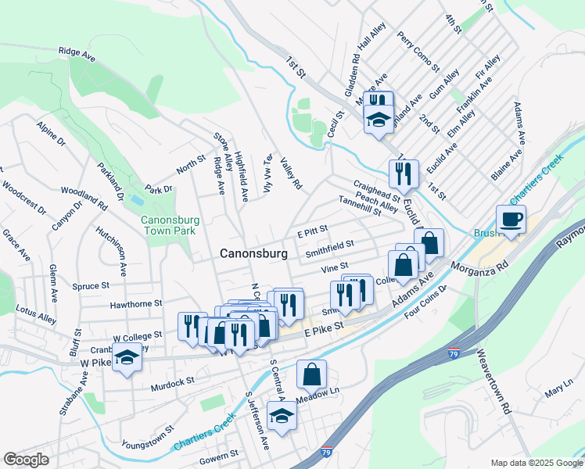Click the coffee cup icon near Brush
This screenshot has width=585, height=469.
(511, 220)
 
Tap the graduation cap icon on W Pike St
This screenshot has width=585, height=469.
(126, 357)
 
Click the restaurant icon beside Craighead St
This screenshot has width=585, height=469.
(404, 174)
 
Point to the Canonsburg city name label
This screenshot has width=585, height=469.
(253, 253)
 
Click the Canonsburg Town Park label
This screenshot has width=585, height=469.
(170, 226)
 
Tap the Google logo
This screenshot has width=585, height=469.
(26, 460)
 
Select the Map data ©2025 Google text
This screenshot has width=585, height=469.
(536, 463)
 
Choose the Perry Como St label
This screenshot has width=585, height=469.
(415, 48)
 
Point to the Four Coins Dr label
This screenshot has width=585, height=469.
(425, 302)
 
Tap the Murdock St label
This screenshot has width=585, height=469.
(174, 382)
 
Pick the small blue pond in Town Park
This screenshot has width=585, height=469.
(138, 200)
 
